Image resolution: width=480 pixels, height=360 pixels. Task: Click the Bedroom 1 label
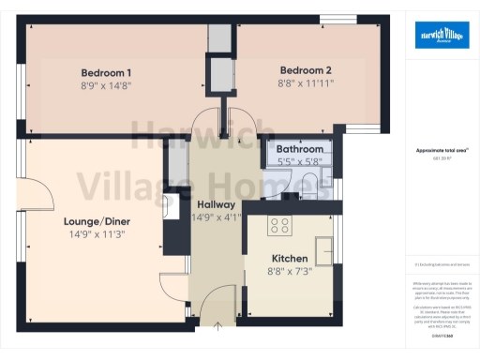coord(105,73)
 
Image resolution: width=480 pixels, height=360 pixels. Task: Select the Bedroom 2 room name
coord(306,69)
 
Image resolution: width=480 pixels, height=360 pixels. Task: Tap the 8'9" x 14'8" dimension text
coord(105,85)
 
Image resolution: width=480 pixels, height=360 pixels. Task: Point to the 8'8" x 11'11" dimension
coord(306,82)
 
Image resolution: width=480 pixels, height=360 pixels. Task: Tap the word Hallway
coord(216,204)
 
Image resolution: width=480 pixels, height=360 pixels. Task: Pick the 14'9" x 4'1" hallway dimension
coord(216,217)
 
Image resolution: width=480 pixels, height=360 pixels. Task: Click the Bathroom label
coord(299,149)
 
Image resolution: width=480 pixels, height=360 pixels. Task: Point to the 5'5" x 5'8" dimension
coord(299,160)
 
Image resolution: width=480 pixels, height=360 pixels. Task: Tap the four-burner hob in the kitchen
coord(279,224)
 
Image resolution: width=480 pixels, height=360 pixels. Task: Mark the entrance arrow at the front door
coord(218,325)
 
